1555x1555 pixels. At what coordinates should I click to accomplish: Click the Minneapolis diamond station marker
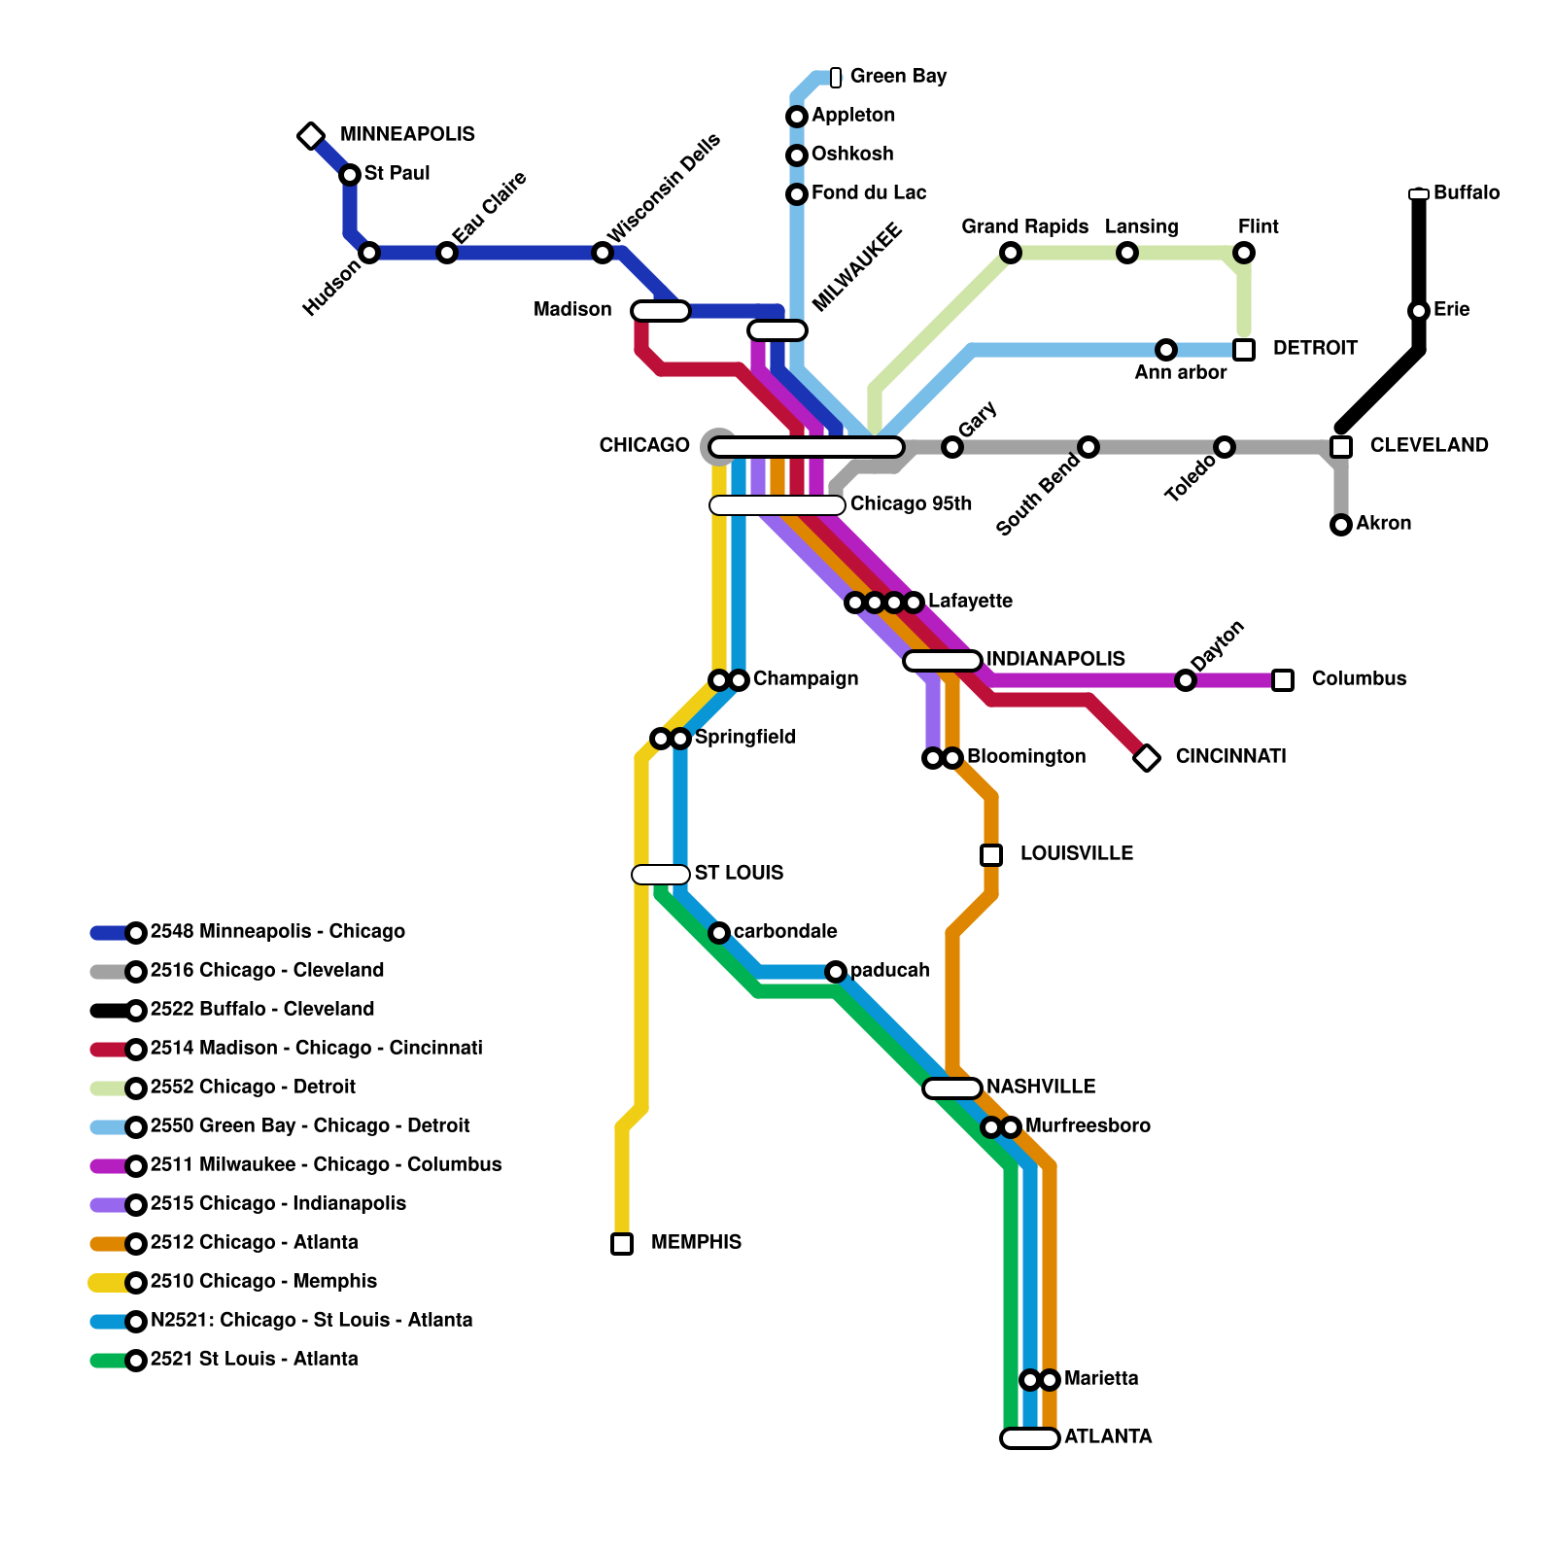tap(311, 136)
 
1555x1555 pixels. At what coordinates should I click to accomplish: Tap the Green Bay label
tap(898, 76)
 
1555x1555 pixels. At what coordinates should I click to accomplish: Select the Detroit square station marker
tap(1244, 350)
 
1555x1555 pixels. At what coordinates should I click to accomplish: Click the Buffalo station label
tap(1466, 192)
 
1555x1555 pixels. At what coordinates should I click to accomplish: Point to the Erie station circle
tap(1419, 311)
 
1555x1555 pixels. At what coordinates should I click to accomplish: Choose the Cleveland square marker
tap(1341, 447)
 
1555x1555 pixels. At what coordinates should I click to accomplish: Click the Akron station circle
tap(1341, 525)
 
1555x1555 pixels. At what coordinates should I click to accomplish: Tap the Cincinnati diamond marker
tap(1147, 758)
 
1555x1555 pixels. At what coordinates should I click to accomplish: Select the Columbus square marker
tap(1283, 680)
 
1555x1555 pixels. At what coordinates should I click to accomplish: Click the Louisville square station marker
tap(991, 855)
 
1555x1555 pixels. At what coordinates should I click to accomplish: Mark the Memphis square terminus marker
tap(622, 1244)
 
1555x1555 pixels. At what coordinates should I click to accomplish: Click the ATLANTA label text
tap(1108, 1436)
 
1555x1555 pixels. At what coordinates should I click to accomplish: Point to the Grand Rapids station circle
tap(1011, 253)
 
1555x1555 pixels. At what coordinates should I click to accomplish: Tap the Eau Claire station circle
tap(447, 253)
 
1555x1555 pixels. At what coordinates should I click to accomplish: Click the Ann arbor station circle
tap(1166, 350)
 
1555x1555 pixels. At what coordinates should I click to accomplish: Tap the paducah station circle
tap(836, 972)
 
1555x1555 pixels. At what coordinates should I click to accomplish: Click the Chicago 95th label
tap(911, 503)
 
